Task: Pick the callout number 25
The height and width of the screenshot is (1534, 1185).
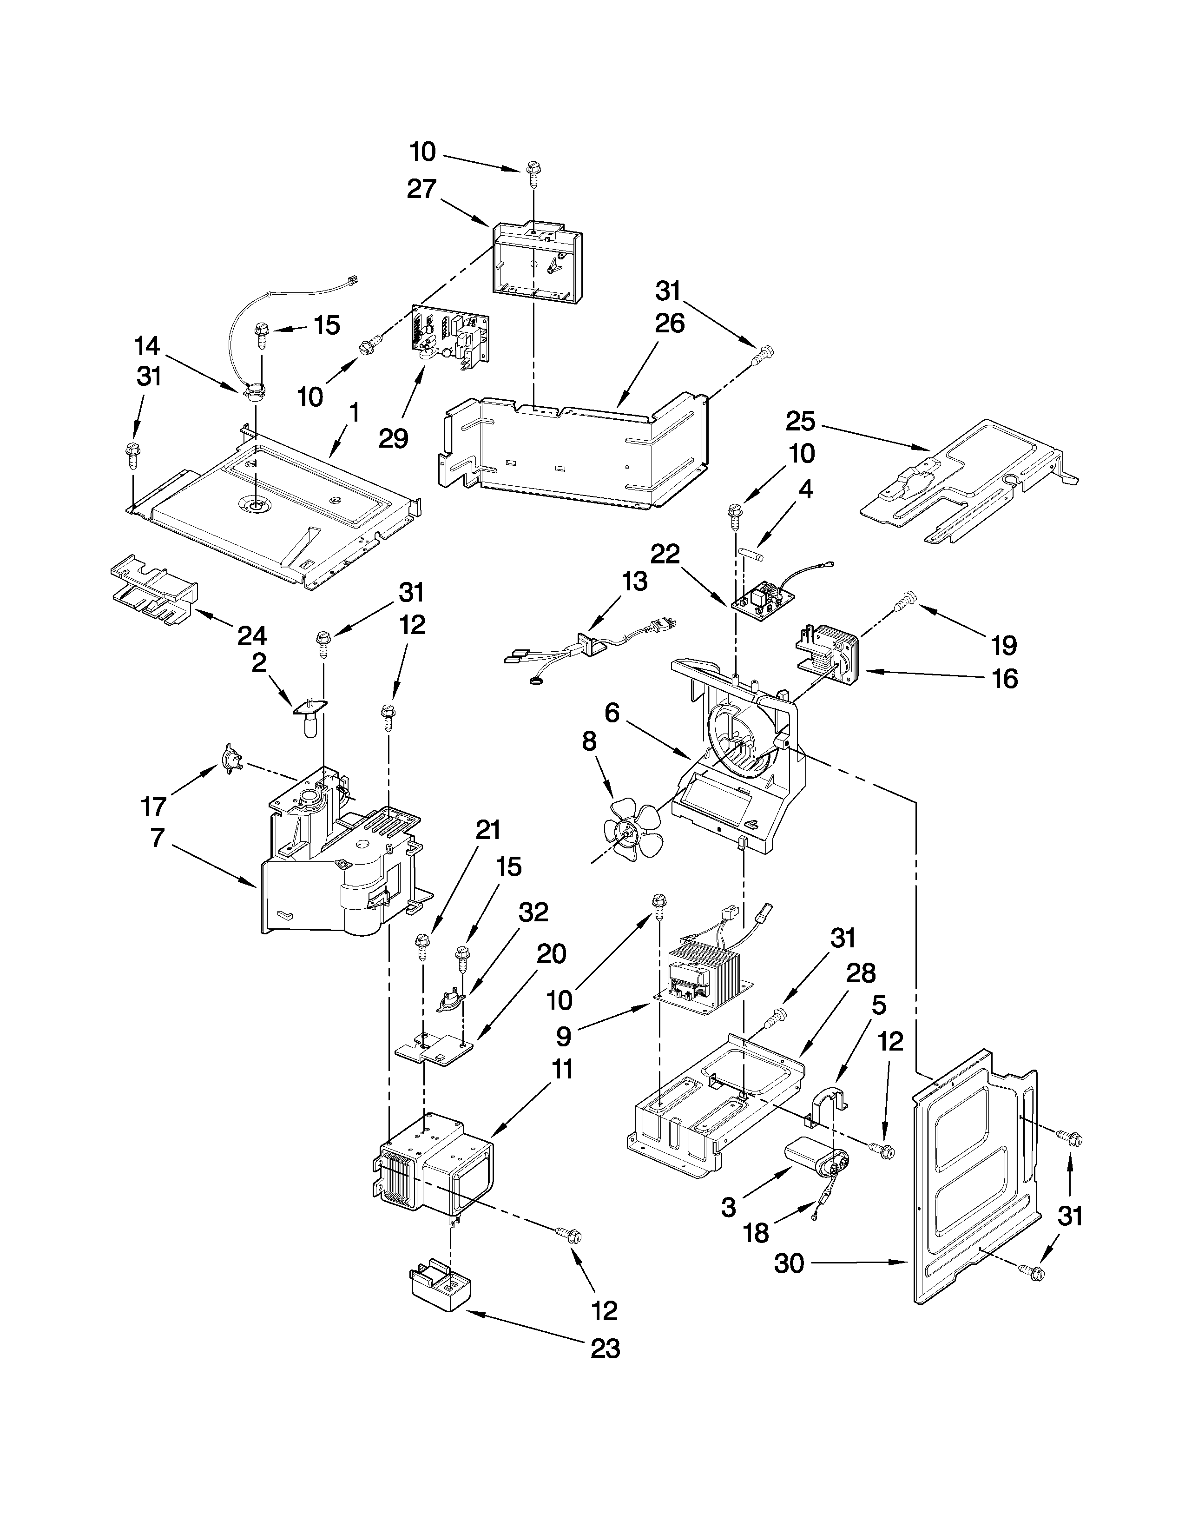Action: (x=800, y=422)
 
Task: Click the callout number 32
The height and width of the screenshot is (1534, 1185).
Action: (x=533, y=912)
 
